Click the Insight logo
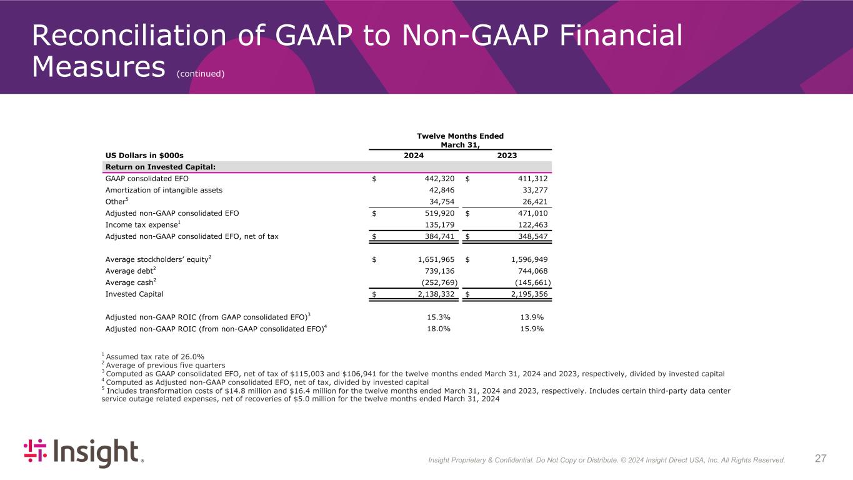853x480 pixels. click(83, 453)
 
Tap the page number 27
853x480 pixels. click(821, 459)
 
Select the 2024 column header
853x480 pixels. click(413, 156)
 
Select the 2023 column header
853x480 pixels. click(507, 156)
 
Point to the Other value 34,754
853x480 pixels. click(440, 202)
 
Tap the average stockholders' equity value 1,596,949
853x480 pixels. click(526, 259)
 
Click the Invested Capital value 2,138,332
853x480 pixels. click(432, 293)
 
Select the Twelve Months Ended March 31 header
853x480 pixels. click(459, 141)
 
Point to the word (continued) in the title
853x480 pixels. click(200, 74)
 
